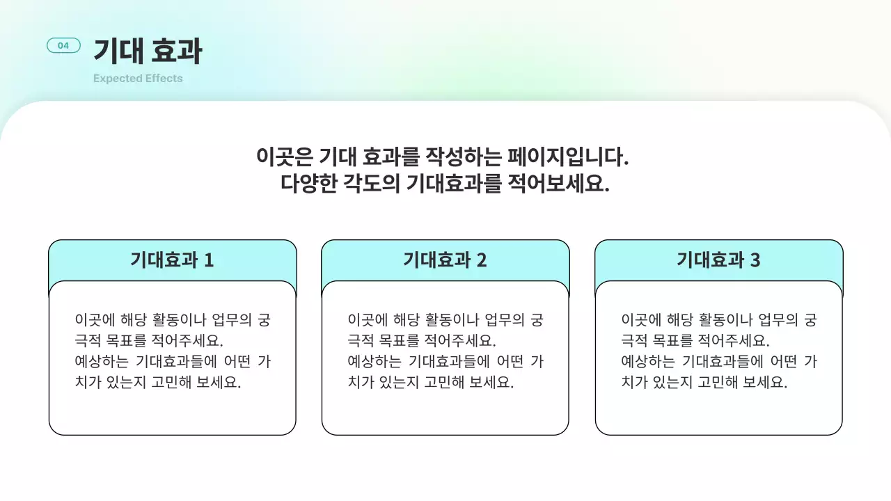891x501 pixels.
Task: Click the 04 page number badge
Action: point(63,46)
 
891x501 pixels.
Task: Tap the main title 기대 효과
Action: point(148,51)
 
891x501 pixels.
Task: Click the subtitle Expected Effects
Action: point(138,79)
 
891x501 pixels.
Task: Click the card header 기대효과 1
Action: point(172,260)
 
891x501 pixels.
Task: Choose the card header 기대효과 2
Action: point(445,260)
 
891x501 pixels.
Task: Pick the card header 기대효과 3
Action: point(718,260)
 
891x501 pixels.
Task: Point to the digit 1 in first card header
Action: point(209,261)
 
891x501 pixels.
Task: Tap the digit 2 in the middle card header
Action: point(482,261)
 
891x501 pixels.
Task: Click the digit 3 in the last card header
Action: point(755,261)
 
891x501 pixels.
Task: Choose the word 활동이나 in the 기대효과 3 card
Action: point(710,320)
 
